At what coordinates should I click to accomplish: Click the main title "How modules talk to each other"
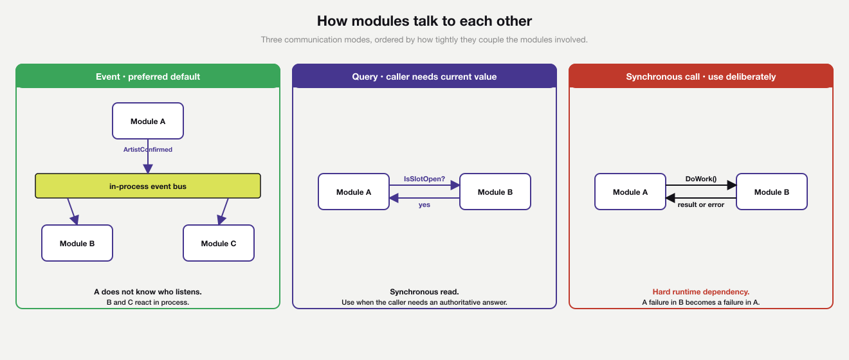click(424, 21)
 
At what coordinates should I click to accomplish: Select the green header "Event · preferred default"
click(148, 76)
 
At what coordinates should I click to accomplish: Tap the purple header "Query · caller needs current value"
click(424, 76)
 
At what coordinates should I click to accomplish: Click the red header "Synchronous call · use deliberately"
click(701, 76)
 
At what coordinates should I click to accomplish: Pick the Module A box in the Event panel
click(148, 121)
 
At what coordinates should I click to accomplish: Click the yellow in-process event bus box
click(148, 186)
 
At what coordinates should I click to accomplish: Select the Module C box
click(219, 243)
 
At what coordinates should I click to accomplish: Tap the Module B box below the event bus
click(77, 243)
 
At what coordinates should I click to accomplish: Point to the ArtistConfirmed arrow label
click(148, 150)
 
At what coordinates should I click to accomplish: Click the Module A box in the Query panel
click(354, 192)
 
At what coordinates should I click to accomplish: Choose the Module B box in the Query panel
click(495, 192)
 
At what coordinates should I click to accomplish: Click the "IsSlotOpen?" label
click(424, 179)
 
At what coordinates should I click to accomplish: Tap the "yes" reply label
click(424, 204)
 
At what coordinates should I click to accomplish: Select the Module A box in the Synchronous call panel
click(630, 192)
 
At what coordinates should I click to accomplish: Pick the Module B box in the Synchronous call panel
click(772, 192)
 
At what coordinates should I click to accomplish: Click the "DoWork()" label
click(701, 179)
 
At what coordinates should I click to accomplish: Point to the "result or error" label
click(701, 204)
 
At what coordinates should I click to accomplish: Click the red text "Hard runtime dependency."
click(701, 292)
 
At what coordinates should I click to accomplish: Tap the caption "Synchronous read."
click(424, 292)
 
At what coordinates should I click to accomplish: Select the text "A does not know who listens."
click(148, 292)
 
